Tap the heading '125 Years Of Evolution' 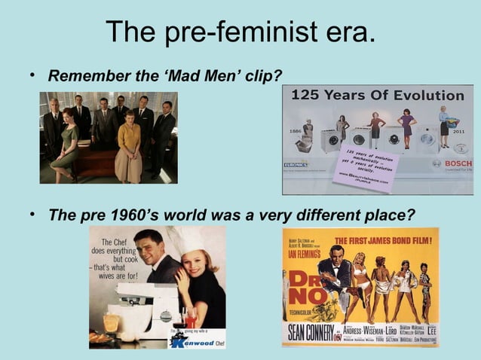point(378,96)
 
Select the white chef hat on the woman point(187,243)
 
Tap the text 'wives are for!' point(113,276)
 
